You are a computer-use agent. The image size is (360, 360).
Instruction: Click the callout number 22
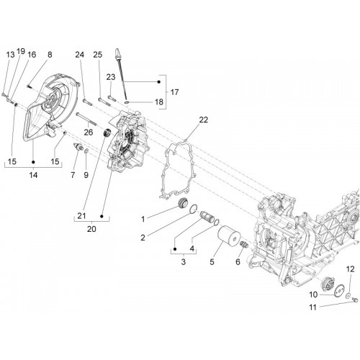(x=203, y=120)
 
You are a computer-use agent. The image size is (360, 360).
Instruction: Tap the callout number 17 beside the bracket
(x=174, y=92)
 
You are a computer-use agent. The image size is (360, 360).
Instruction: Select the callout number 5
(x=212, y=262)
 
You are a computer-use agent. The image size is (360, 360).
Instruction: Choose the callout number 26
(x=89, y=132)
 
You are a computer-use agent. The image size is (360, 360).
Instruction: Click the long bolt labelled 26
(x=86, y=120)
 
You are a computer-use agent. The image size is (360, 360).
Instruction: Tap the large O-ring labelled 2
(x=194, y=209)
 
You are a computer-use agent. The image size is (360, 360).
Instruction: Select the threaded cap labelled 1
(x=183, y=204)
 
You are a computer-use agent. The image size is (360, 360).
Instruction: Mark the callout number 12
(x=351, y=269)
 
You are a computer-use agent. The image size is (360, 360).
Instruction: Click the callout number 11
(x=312, y=307)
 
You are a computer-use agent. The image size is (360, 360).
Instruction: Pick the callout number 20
(x=91, y=229)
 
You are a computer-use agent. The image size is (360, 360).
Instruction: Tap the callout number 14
(x=33, y=175)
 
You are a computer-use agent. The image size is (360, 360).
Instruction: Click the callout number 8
(x=50, y=55)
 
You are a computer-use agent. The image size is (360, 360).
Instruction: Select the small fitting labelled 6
(x=244, y=245)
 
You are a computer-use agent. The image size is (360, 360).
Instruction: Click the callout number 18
(x=159, y=102)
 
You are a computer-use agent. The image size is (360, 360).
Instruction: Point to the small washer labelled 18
(x=127, y=103)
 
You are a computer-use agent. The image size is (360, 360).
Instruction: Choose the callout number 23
(x=111, y=77)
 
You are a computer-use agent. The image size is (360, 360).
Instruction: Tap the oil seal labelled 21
(x=107, y=132)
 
